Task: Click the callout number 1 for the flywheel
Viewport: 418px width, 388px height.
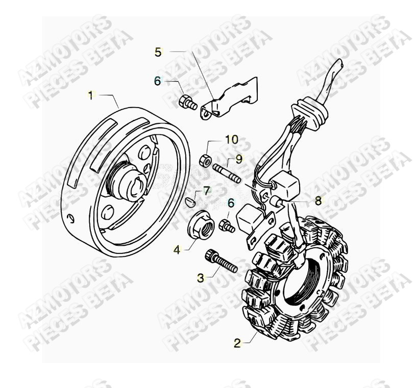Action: point(91,95)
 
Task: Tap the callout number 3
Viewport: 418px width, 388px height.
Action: point(201,277)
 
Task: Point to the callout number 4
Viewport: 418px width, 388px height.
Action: point(177,250)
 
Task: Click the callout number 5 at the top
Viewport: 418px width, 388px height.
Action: point(158,51)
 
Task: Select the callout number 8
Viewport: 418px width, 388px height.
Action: point(318,201)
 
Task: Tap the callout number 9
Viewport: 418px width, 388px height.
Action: point(239,159)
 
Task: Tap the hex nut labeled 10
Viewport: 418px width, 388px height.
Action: point(205,159)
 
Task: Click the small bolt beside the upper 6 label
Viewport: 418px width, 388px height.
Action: point(187,102)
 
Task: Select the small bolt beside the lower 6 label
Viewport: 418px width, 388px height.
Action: point(227,225)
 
